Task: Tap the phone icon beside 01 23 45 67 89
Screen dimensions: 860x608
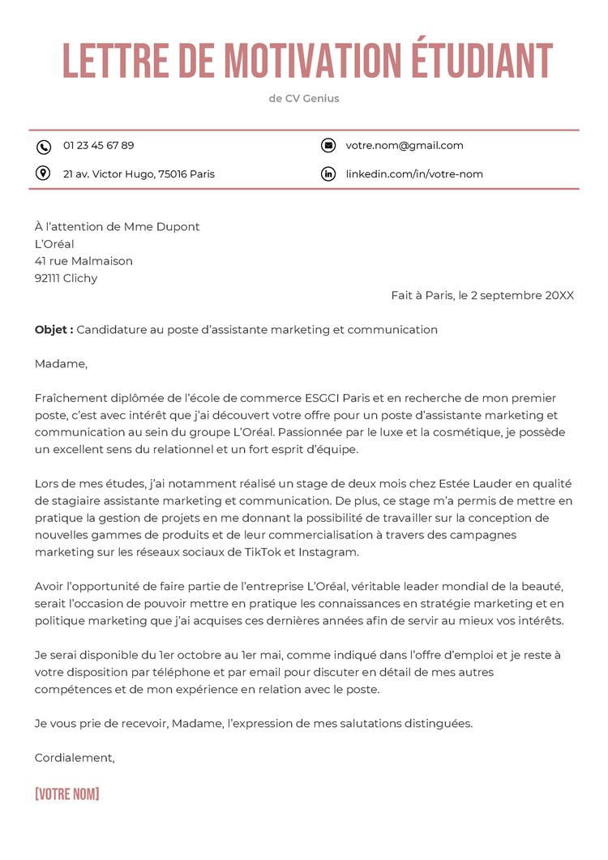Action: click(44, 146)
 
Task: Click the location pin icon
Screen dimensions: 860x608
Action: click(44, 173)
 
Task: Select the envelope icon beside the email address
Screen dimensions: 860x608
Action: click(328, 146)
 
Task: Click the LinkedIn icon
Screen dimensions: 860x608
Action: click(328, 174)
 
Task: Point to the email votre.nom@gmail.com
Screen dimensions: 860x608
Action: click(405, 146)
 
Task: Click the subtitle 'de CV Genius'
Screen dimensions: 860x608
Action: click(304, 99)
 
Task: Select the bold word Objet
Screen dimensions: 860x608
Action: click(52, 330)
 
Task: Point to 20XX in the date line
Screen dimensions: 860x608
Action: click(559, 296)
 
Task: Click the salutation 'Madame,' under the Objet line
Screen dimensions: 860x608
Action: click(61, 364)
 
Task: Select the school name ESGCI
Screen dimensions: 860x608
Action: click(322, 398)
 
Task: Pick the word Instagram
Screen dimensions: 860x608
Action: click(328, 552)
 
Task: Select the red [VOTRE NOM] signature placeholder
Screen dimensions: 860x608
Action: click(66, 794)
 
